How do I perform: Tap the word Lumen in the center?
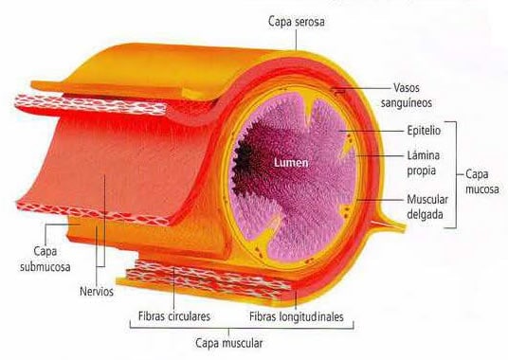pyautogui.click(x=289, y=162)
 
